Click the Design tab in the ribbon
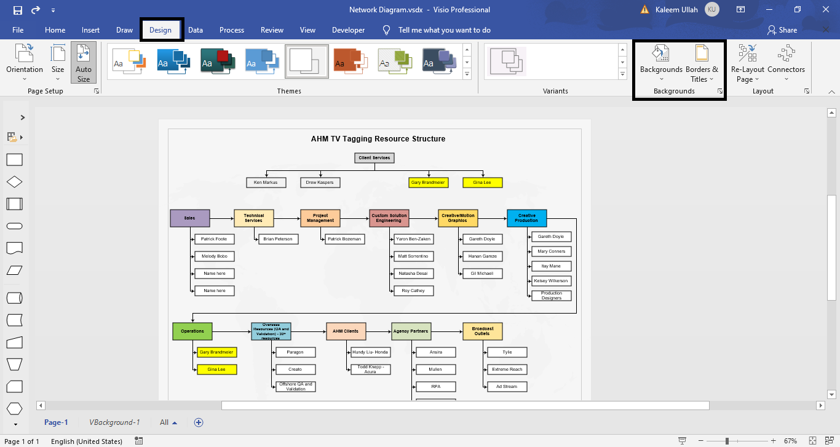click(x=160, y=30)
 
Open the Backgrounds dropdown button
click(x=661, y=63)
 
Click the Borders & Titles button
click(x=702, y=63)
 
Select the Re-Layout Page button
click(x=747, y=63)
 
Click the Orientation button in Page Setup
click(x=25, y=63)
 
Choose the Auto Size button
click(x=84, y=63)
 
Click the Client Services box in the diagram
click(x=374, y=158)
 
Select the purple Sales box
click(x=189, y=218)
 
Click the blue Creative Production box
click(x=526, y=218)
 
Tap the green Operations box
click(x=192, y=331)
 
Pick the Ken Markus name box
click(x=266, y=183)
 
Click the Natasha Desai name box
click(x=413, y=274)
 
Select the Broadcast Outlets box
click(x=482, y=331)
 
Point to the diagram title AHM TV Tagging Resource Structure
click(x=378, y=139)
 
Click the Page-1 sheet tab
click(x=56, y=422)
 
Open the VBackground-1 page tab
click(x=114, y=422)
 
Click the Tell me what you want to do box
click(x=444, y=30)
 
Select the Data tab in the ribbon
click(x=196, y=30)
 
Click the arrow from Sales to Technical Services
click(x=221, y=218)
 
